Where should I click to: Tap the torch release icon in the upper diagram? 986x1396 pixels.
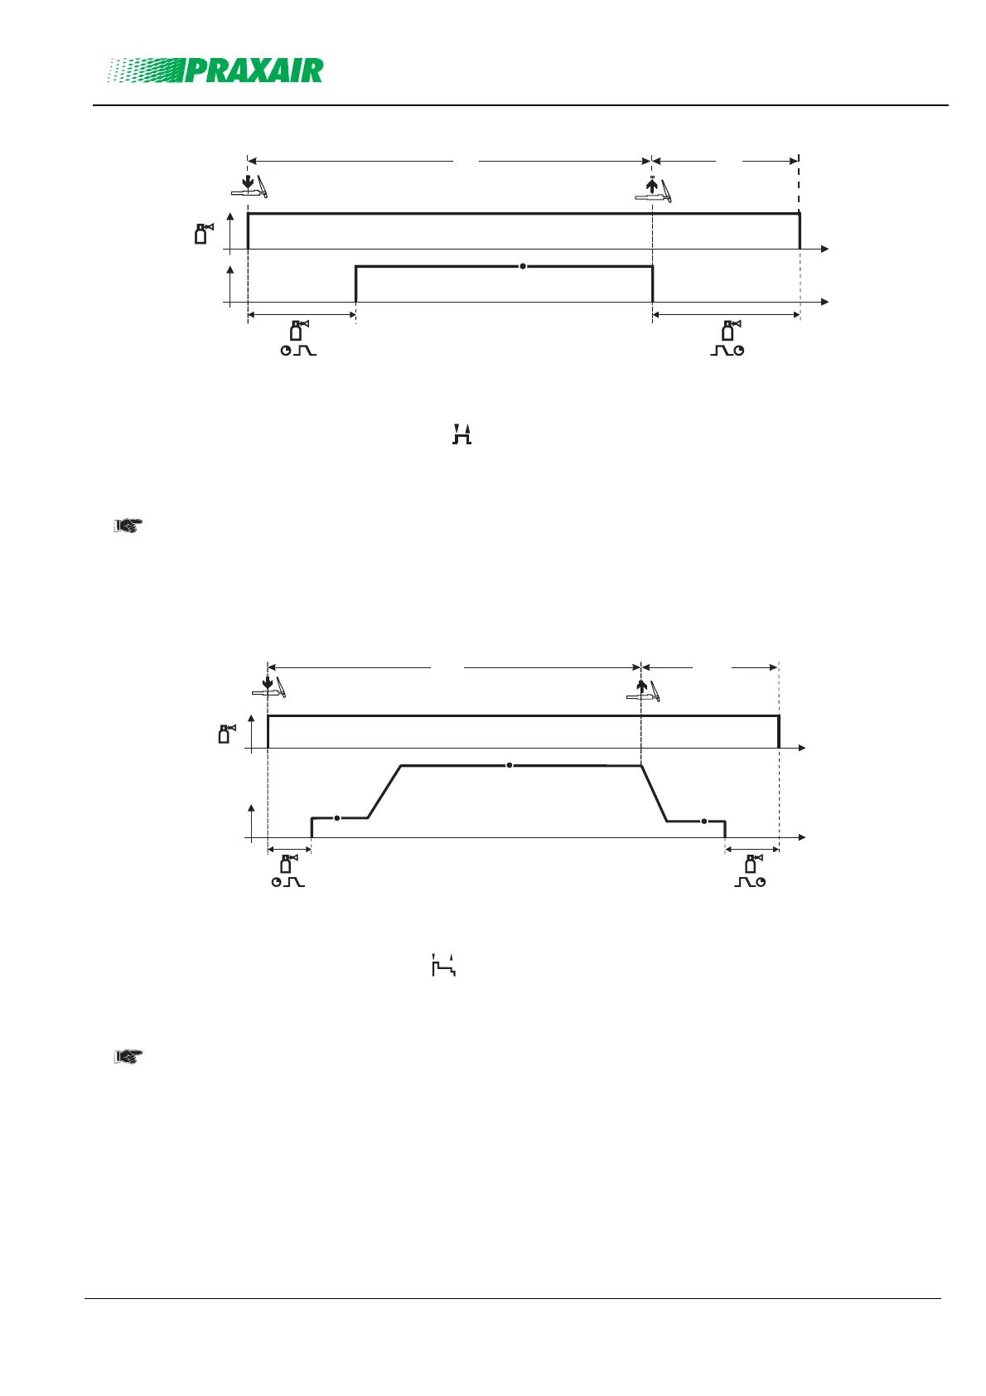(x=652, y=190)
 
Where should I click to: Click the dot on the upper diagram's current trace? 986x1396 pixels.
(x=523, y=266)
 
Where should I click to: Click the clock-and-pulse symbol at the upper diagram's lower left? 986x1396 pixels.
(x=298, y=351)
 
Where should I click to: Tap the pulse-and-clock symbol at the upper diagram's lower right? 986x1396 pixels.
(x=727, y=351)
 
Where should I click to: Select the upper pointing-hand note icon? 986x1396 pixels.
(x=128, y=525)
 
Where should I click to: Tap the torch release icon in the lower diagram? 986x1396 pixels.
(x=643, y=690)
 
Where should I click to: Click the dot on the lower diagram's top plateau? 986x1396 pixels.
(x=510, y=765)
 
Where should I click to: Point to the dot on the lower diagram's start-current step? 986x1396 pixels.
(x=337, y=818)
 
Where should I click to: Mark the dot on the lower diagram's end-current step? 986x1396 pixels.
(x=703, y=821)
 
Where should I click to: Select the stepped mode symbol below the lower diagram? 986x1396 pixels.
(x=444, y=966)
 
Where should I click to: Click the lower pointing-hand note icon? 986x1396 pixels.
(x=128, y=1057)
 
